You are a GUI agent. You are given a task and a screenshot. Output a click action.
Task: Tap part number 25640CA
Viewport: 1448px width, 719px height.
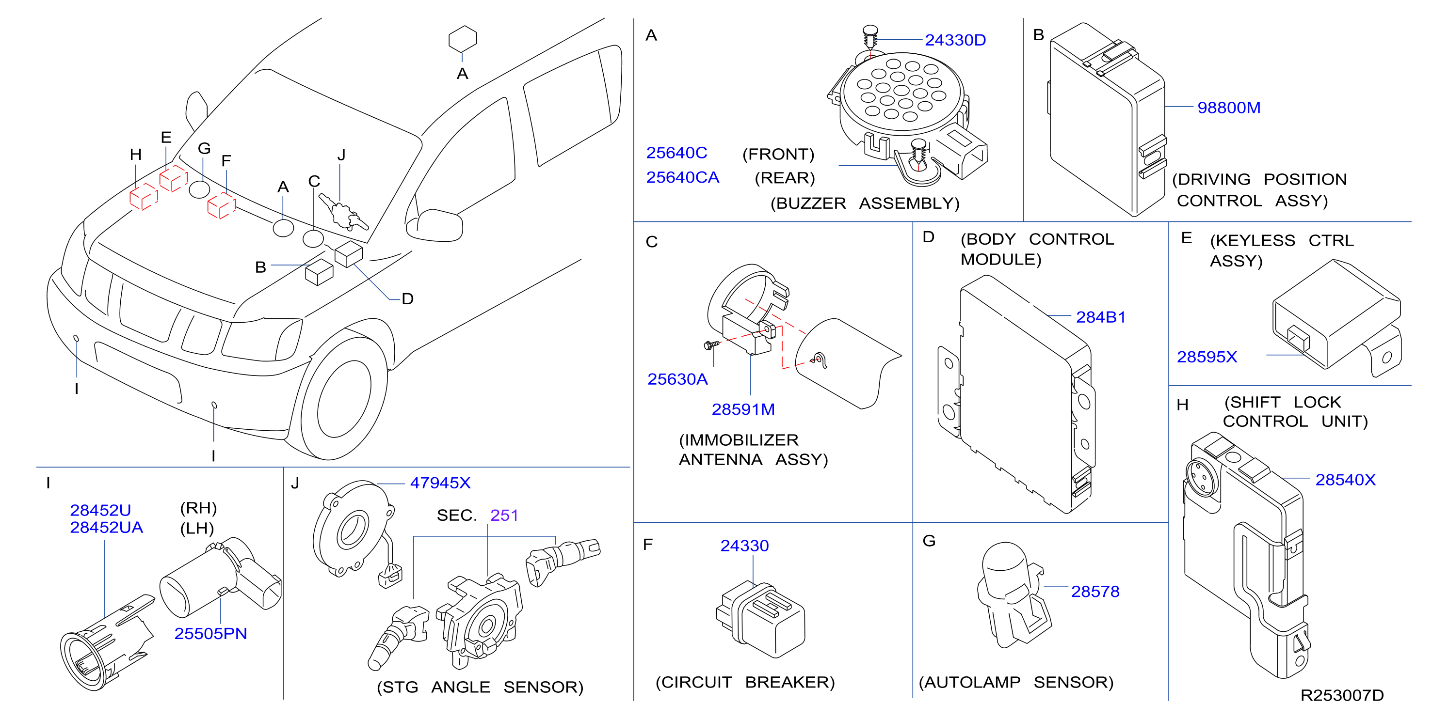tap(682, 177)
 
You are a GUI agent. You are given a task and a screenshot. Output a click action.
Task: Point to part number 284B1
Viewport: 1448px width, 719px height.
tap(1101, 317)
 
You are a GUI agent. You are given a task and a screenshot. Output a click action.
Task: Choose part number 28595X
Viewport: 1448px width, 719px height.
tap(1207, 357)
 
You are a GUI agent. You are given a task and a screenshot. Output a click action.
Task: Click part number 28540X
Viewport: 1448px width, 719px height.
tap(1345, 479)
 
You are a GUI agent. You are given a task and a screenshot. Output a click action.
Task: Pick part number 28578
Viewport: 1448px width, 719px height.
tap(1095, 591)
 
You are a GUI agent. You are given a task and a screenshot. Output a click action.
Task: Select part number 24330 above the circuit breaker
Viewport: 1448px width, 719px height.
tap(744, 546)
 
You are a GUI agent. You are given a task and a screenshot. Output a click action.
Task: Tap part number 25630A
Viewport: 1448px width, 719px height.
tap(677, 379)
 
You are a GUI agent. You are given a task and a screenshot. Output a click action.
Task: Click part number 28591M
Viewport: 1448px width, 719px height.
tap(743, 409)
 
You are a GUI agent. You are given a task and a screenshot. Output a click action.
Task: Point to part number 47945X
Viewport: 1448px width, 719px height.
tap(440, 483)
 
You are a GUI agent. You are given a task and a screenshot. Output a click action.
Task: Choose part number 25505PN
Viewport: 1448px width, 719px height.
tap(211, 633)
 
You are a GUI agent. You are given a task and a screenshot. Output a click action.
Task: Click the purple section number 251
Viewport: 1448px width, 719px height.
tap(504, 515)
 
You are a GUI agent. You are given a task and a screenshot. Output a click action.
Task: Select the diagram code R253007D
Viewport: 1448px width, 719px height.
tap(1342, 695)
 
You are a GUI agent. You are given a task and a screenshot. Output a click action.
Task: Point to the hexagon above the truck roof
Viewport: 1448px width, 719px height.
tap(463, 39)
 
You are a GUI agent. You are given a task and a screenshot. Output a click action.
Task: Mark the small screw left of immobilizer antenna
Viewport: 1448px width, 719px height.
tap(711, 345)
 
